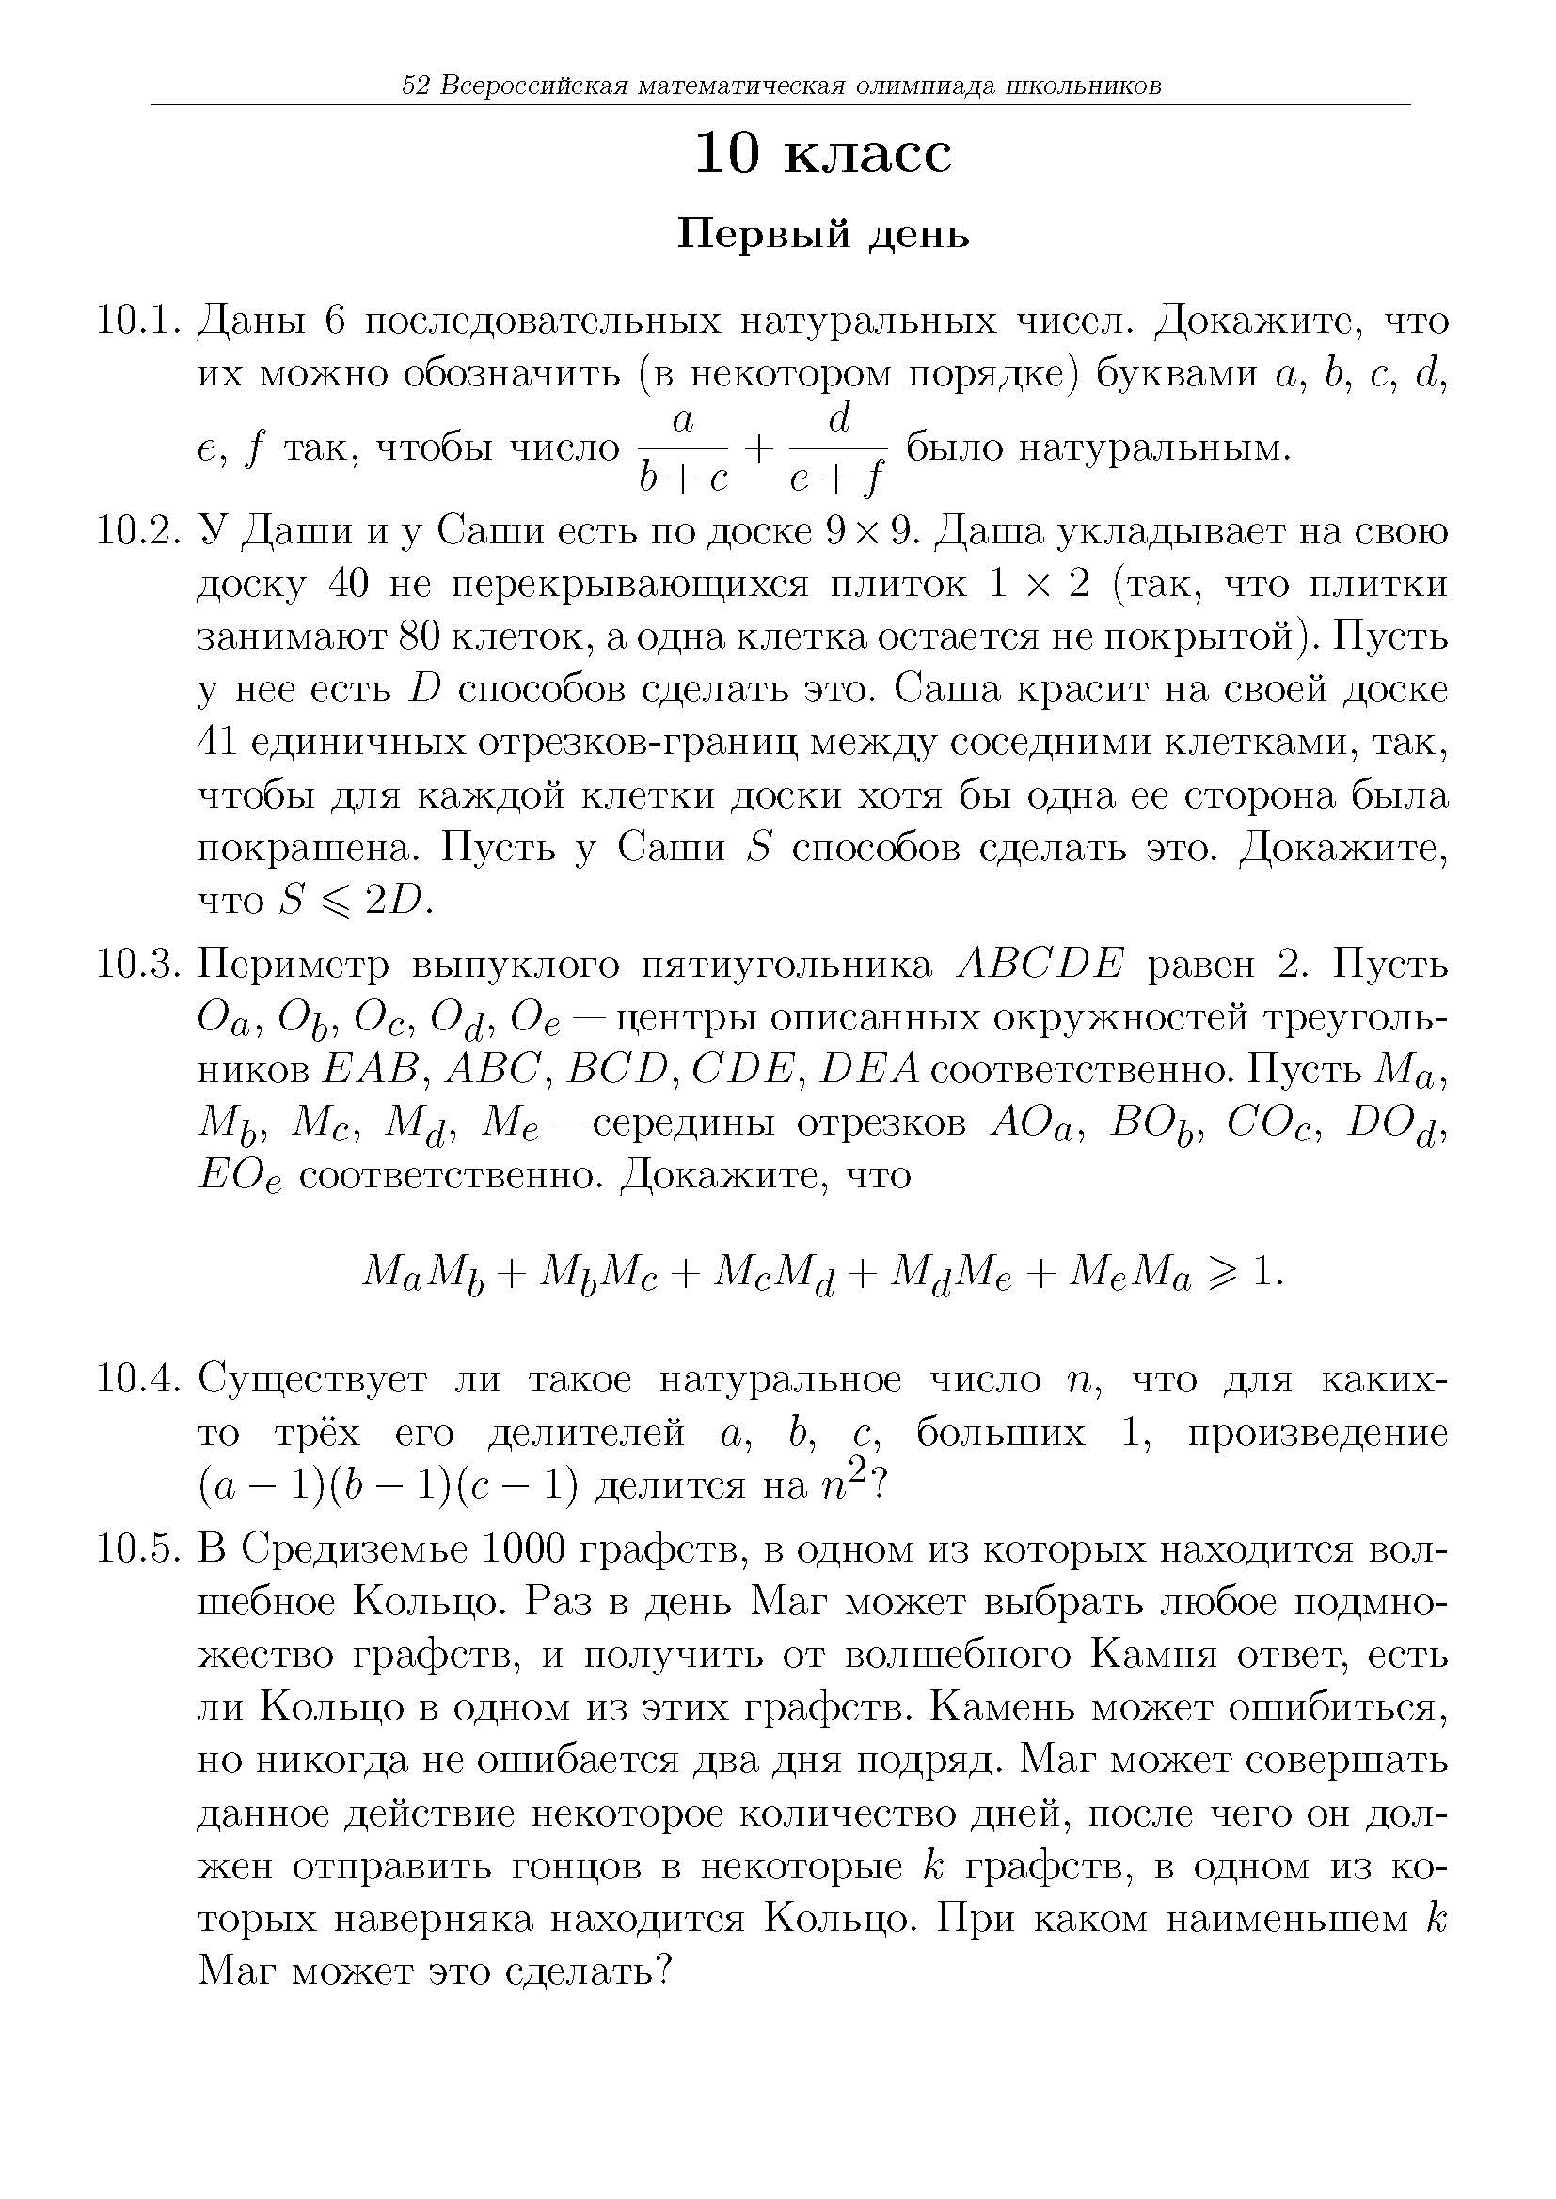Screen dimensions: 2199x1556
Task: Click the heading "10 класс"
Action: pos(823,154)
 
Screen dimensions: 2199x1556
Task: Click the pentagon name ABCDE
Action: pos(1040,965)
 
